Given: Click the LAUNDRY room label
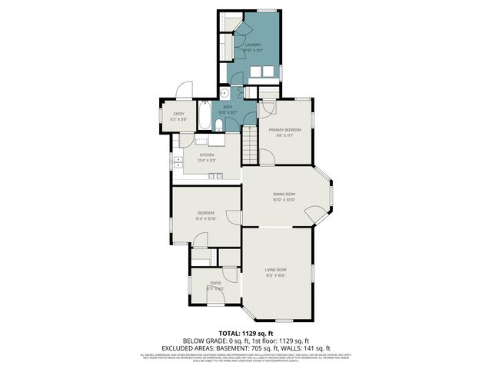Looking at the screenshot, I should tap(253, 45).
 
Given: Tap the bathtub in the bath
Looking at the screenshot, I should tap(204, 118).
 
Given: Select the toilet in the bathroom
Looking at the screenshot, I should tap(219, 125).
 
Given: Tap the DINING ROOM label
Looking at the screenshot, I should tap(284, 194).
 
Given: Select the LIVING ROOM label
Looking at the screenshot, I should tap(276, 269).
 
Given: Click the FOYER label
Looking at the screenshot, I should tap(216, 283).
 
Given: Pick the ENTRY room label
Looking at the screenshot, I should tap(178, 115).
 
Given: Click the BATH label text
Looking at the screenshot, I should tap(228, 107).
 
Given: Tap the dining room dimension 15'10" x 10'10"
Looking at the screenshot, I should tap(284, 200).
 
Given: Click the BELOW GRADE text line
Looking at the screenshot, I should tap(245, 340).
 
